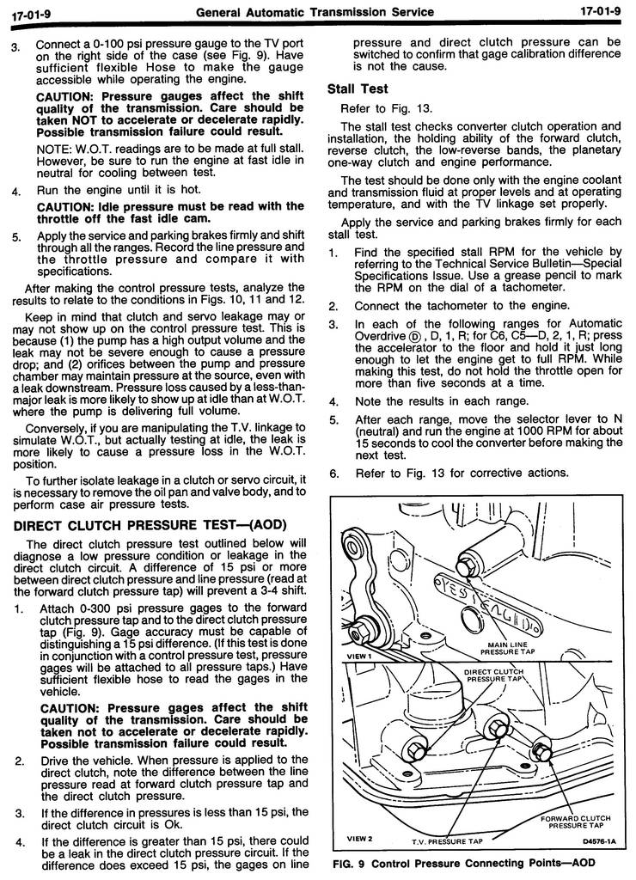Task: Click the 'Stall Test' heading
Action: (358, 89)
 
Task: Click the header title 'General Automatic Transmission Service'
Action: (315, 12)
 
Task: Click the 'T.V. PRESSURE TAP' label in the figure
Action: (447, 841)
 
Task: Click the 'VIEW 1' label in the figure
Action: (359, 655)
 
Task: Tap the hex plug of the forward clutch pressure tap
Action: (541, 749)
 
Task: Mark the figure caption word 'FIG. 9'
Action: (349, 863)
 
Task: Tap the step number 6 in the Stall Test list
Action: (333, 473)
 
